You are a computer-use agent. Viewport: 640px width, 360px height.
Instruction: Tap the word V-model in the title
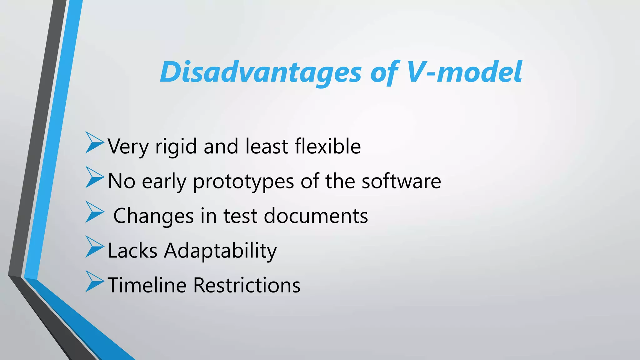[464, 72]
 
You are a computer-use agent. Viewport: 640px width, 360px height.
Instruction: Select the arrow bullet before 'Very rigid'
[94, 143]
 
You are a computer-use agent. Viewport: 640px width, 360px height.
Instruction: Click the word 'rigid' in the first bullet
[176, 147]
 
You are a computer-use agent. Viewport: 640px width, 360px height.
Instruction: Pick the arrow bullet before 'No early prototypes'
[94, 177]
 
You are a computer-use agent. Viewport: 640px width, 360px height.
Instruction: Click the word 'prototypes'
[243, 182]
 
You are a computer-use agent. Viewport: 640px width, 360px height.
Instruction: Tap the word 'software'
[401, 181]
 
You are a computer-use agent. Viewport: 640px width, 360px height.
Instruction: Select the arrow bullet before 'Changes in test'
[94, 212]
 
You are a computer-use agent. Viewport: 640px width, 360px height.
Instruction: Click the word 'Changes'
[153, 216]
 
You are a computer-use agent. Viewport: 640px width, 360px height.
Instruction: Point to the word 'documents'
[316, 216]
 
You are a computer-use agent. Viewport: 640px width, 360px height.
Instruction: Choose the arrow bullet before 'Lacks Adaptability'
[94, 247]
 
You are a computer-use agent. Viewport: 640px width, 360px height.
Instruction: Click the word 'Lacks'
[132, 251]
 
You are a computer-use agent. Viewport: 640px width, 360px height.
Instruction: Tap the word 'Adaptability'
[220, 251]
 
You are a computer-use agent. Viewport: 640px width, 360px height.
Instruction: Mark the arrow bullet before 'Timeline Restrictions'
[94, 282]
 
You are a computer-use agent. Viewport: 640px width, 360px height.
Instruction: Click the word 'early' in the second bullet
[164, 182]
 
